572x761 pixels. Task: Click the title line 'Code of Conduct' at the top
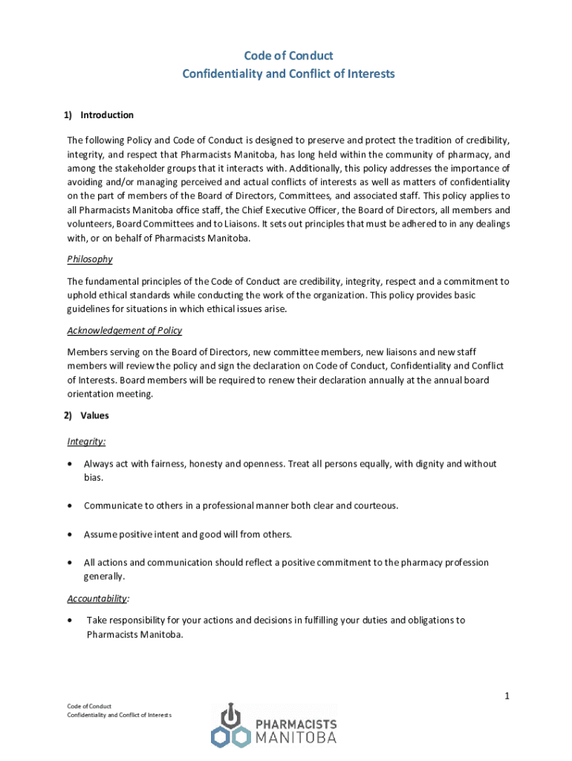[289, 56]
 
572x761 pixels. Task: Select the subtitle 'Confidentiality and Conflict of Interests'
[289, 74]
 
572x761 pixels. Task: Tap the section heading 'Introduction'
[107, 115]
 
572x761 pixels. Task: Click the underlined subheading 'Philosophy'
[90, 259]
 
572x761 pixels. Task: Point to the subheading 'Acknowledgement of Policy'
[124, 331]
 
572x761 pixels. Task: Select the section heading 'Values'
[94, 416]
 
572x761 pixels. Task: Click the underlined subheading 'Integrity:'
[86, 441]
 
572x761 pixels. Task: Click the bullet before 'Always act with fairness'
[70, 464]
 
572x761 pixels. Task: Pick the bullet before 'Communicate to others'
[70, 506]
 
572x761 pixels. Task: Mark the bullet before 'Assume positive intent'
[70, 534]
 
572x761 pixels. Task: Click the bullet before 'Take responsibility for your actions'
[70, 621]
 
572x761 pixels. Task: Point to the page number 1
[506, 696]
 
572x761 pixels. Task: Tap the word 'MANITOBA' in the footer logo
[296, 737]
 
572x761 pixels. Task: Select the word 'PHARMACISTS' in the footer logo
[296, 723]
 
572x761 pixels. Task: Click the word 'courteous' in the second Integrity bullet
[375, 506]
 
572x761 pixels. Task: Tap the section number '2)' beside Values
[68, 416]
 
